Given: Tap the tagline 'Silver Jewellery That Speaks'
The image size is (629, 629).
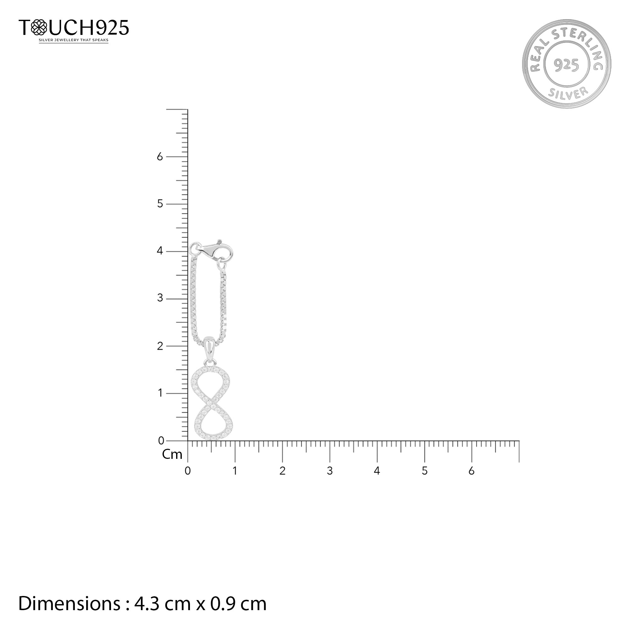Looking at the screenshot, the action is [74, 40].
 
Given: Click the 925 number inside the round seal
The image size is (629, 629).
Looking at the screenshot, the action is [566, 65].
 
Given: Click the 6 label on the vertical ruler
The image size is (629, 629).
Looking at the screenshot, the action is [159, 157].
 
